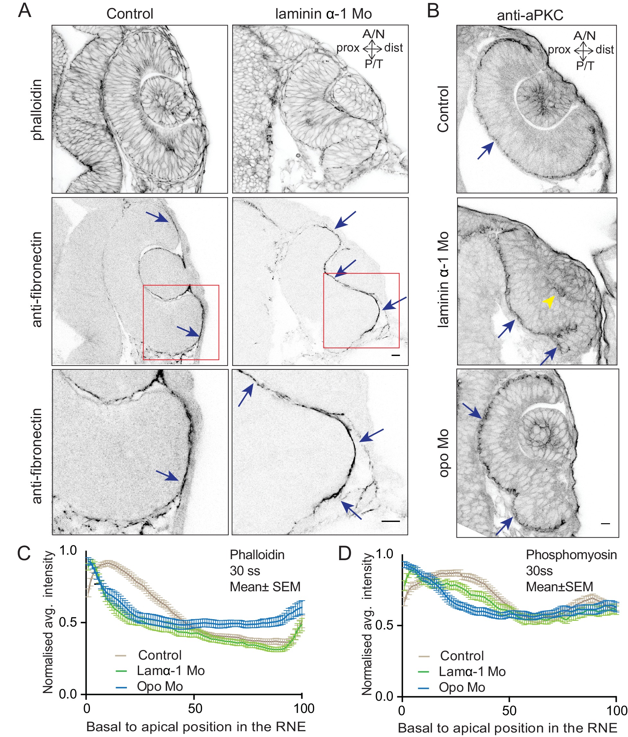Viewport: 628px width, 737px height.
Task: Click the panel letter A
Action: [24, 11]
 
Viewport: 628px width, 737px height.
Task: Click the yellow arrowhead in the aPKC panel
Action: [549, 302]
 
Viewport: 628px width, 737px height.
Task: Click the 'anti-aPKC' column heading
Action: [530, 15]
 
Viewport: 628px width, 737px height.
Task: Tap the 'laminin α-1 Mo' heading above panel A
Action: [323, 14]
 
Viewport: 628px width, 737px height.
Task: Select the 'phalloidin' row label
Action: [37, 109]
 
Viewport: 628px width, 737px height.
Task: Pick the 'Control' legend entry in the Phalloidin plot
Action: [160, 655]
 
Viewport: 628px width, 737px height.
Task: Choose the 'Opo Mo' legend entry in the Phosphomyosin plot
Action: [461, 687]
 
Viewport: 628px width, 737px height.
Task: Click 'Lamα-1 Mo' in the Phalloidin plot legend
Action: [171, 671]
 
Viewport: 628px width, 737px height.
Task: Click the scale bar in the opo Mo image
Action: [605, 523]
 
